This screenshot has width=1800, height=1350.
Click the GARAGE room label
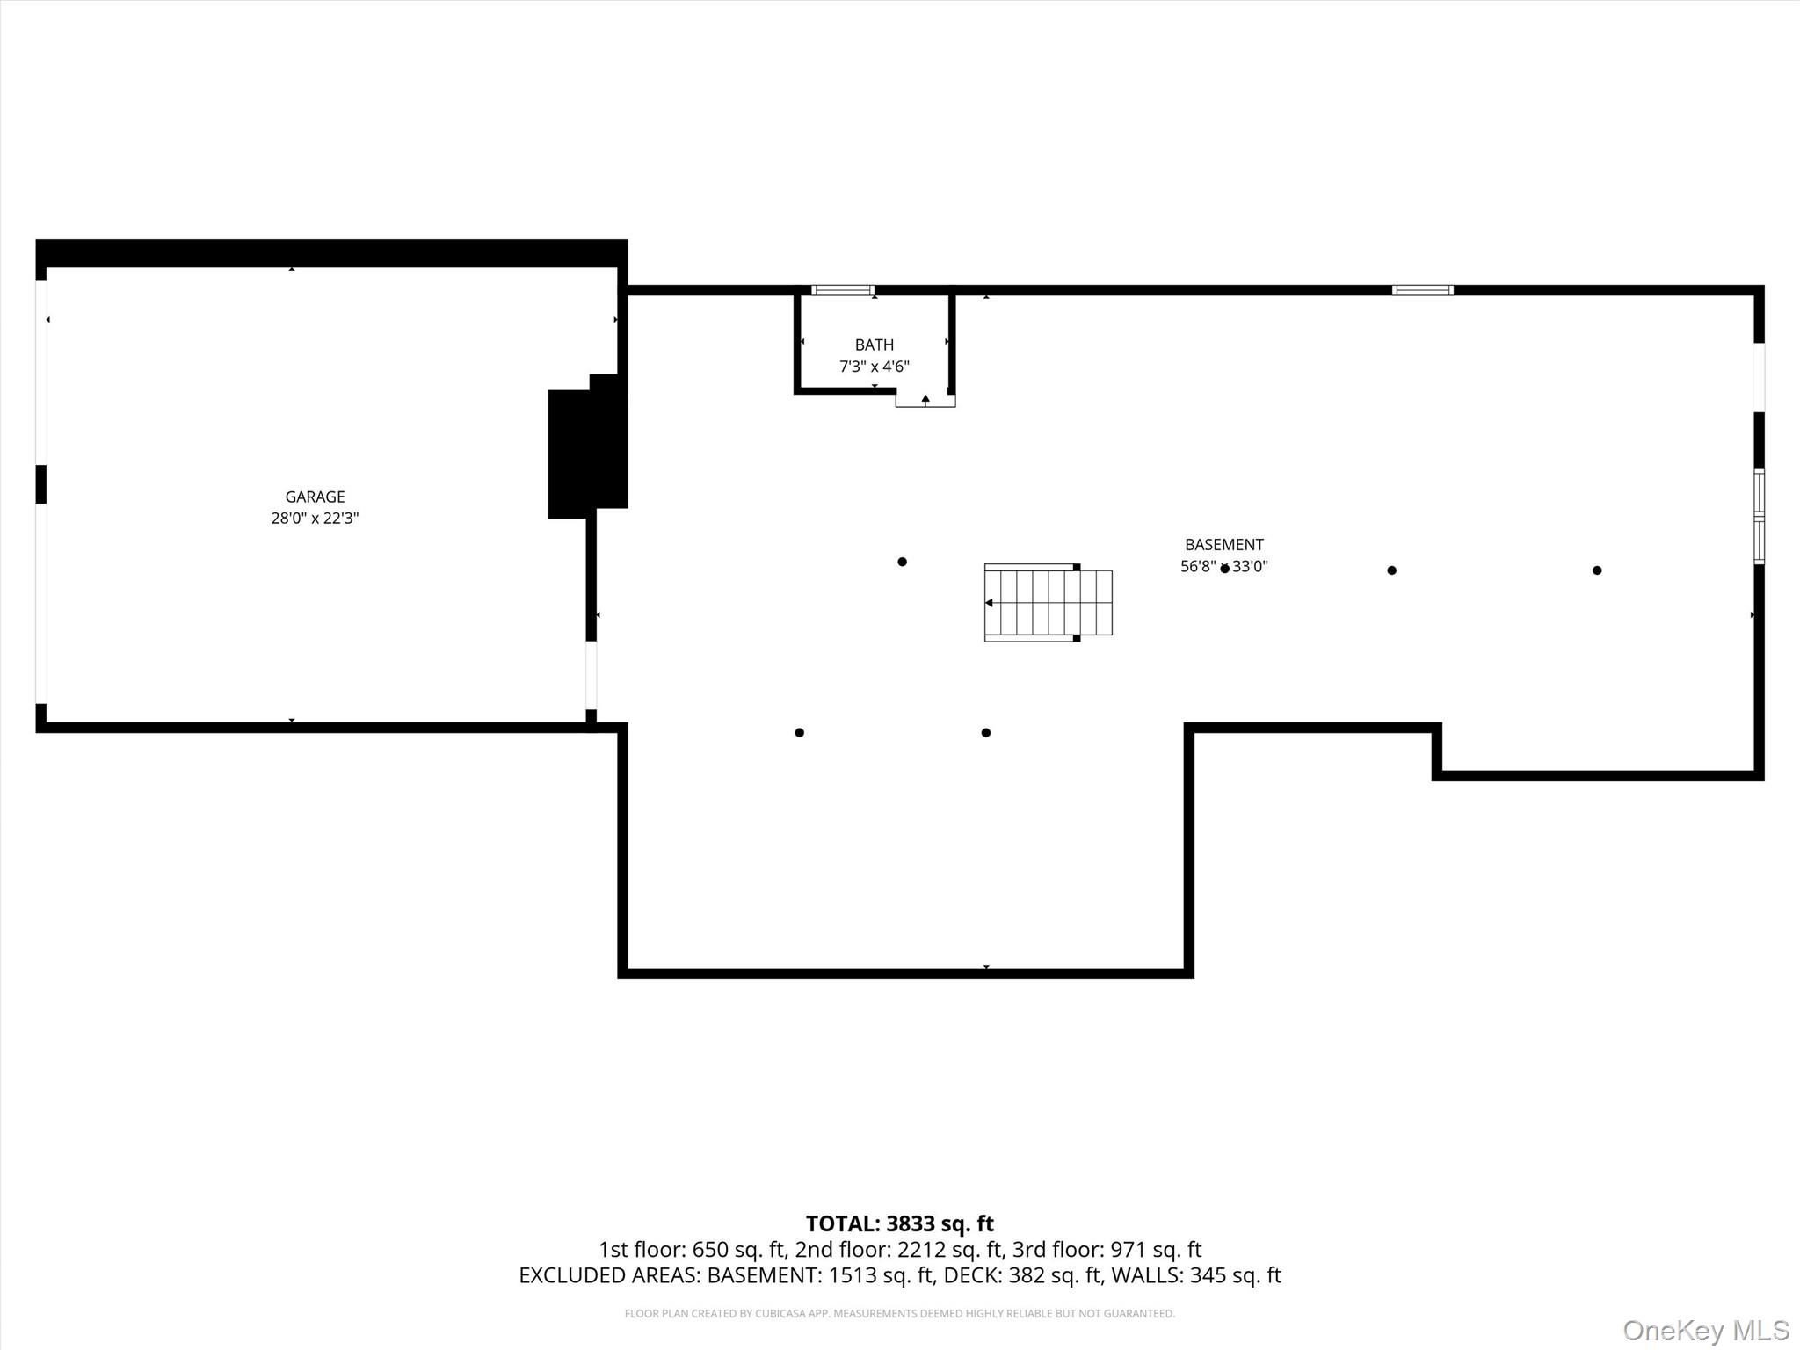315,497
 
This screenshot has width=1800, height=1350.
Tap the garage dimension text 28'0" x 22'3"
315,519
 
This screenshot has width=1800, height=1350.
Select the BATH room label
874,345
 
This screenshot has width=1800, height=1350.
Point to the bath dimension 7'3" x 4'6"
874,367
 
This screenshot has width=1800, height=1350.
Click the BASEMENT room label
1223,544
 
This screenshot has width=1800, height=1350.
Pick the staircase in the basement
1048,602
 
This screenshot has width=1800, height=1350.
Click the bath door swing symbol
925,400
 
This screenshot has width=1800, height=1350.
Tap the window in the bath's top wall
842,290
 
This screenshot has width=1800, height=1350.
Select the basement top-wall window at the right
1422,290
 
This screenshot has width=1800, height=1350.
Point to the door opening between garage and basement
592,675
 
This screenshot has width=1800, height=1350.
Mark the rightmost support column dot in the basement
1597,570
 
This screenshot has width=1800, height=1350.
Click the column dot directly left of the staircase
902,562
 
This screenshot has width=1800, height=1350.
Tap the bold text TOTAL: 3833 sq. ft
899,1223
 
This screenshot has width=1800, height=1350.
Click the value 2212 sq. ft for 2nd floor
949,1249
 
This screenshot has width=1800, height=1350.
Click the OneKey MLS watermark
1705,1330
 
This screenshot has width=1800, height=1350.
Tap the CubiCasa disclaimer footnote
899,1314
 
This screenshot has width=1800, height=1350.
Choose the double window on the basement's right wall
1759,517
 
